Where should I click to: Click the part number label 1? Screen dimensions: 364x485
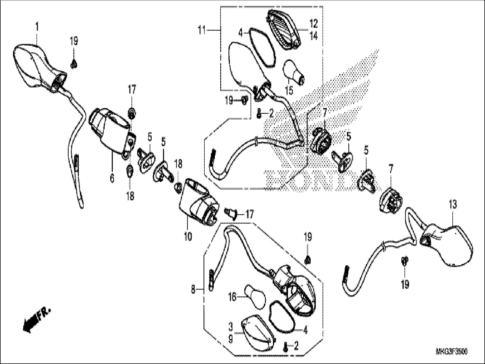pyautogui.click(x=37, y=28)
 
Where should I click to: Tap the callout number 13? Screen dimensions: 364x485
pyautogui.click(x=453, y=204)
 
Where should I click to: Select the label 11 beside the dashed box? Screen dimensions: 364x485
pyautogui.click(x=202, y=30)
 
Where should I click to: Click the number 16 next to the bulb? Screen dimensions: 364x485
pyautogui.click(x=232, y=298)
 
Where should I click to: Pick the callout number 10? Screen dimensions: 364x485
pyautogui.click(x=188, y=236)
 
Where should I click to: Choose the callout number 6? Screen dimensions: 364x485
pyautogui.click(x=112, y=178)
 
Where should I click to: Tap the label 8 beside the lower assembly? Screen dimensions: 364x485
pyautogui.click(x=193, y=290)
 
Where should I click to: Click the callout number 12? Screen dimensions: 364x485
pyautogui.click(x=314, y=23)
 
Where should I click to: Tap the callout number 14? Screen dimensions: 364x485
pyautogui.click(x=314, y=36)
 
